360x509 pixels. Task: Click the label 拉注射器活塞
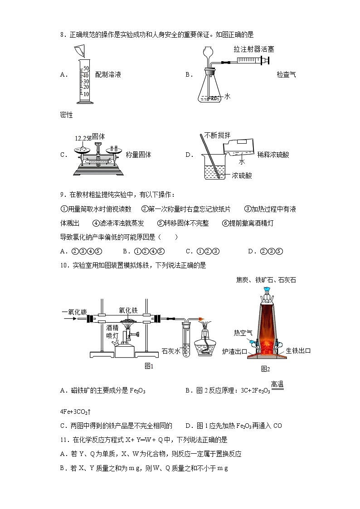tap(254, 49)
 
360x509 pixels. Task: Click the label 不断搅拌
tap(217, 135)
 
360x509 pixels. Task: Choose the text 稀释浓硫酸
tap(272, 155)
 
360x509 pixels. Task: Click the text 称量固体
tap(138, 155)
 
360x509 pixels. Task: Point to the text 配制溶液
tap(108, 75)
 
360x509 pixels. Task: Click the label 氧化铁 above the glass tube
tap(128, 310)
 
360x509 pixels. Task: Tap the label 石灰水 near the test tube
tap(171, 350)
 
